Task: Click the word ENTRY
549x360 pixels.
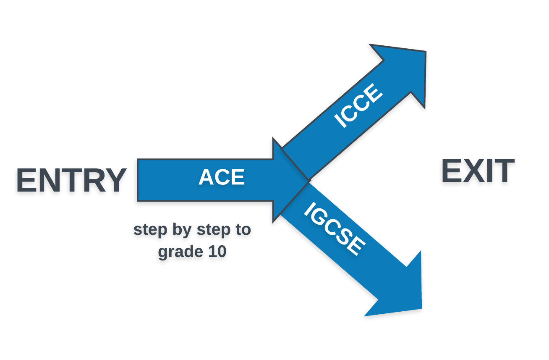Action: point(71,181)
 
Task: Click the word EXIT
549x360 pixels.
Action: point(478,171)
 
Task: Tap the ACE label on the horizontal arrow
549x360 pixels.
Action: point(222,177)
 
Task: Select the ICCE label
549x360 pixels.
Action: point(358,106)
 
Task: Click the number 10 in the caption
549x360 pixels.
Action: point(217,252)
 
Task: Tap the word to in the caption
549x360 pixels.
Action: point(243,230)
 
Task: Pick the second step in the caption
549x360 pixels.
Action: point(214,230)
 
